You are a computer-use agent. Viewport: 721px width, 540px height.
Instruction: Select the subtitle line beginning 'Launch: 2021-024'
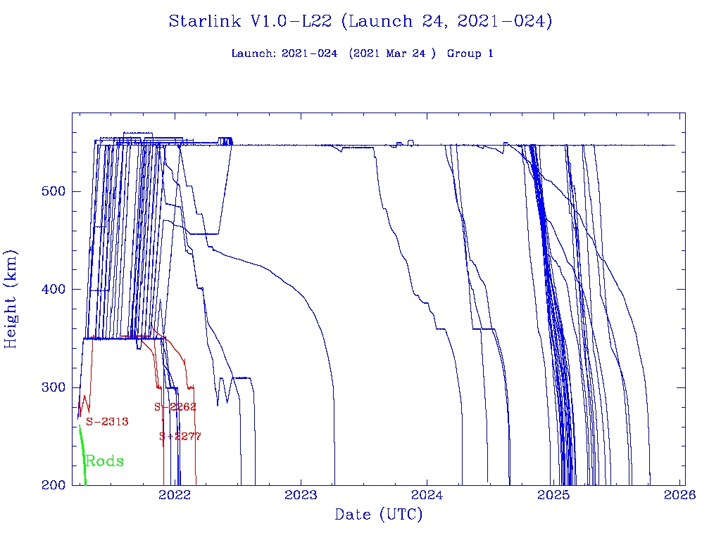point(362,53)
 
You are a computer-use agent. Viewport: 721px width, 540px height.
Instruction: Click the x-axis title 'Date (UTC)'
point(378,515)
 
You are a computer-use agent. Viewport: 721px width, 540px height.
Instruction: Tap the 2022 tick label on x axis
point(175,495)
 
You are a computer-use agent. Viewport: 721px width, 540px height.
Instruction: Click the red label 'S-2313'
point(107,422)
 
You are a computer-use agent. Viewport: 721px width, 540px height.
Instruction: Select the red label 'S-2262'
point(175,407)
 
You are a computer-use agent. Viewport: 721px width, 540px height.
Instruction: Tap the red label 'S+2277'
point(180,437)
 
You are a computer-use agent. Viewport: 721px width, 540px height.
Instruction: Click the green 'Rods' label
point(104,462)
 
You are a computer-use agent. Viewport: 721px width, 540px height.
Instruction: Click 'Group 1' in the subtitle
point(470,53)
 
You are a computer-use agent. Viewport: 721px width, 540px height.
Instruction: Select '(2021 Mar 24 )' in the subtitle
point(392,53)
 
